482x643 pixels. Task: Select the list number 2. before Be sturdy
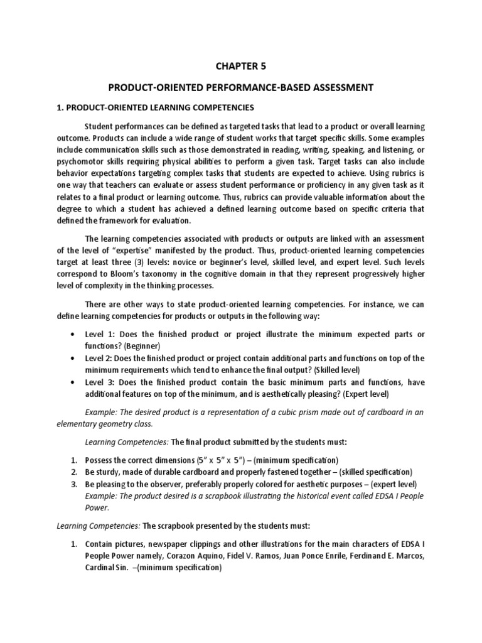73,472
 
